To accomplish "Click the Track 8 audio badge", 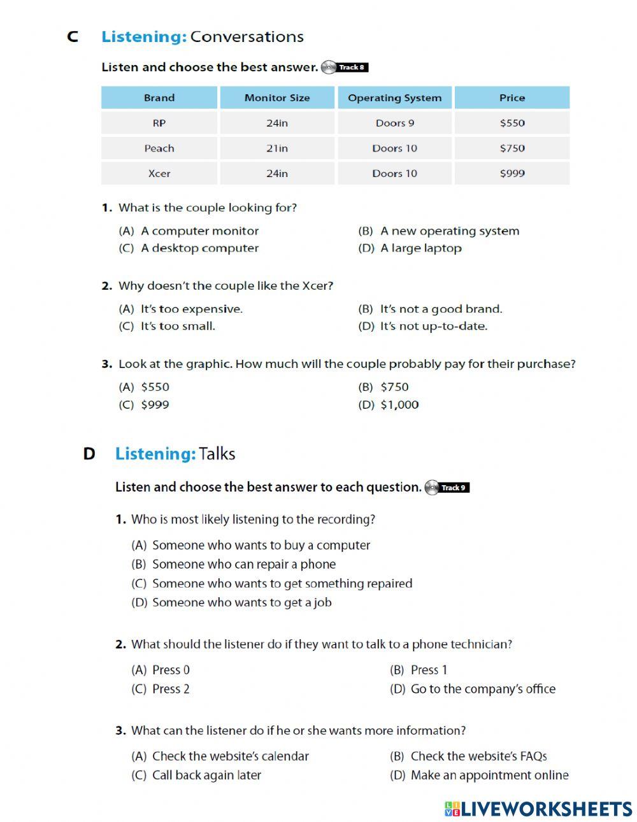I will (x=345, y=67).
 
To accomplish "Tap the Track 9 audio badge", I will (x=447, y=488).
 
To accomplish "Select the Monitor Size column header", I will (x=277, y=98).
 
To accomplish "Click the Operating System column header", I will (x=394, y=98).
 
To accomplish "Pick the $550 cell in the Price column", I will (x=512, y=123).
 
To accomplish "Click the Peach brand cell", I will (x=159, y=148).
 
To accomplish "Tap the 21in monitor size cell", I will (x=277, y=148).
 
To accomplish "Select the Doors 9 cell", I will (x=394, y=123).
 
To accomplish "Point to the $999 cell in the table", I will (x=512, y=173).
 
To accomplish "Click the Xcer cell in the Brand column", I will (x=159, y=173).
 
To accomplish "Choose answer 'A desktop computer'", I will (x=199, y=248).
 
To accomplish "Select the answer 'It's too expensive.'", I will (x=191, y=309).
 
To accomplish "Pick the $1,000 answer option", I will (x=399, y=405).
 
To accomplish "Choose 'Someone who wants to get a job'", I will (x=241, y=602).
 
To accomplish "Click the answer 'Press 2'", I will (x=171, y=689).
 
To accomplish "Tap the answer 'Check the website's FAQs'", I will (x=478, y=756).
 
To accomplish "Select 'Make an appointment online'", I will (x=489, y=776).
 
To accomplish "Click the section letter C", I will (x=73, y=37).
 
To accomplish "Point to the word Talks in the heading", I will (x=217, y=454).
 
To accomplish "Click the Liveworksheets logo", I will (x=538, y=809).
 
